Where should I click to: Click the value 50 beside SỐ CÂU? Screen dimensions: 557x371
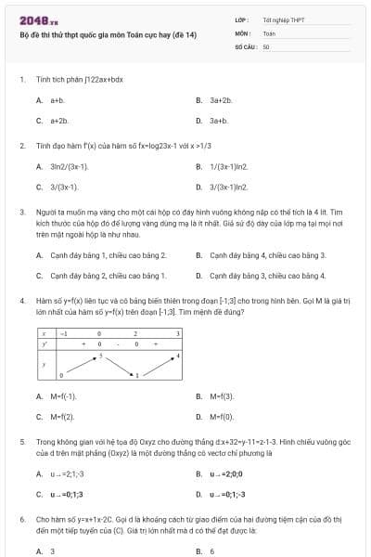267,45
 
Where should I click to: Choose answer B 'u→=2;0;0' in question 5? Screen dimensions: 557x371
225,474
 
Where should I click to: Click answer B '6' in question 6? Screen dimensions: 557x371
212,551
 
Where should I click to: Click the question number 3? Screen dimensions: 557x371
22,212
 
